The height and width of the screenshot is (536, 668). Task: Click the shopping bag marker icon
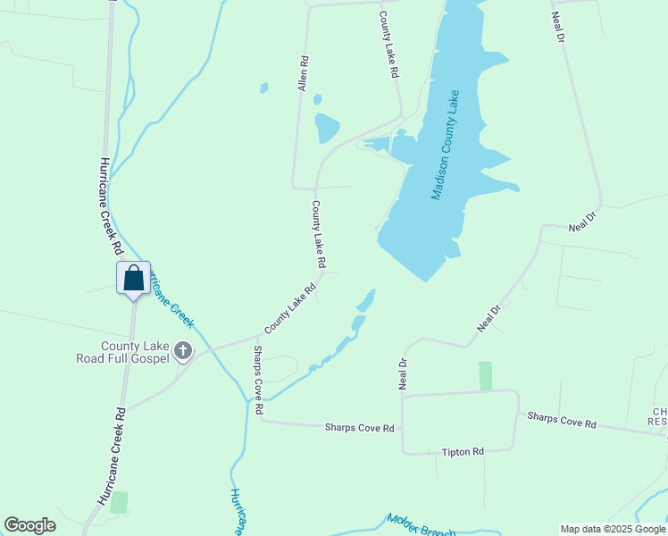[x=133, y=278]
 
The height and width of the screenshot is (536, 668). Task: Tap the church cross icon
[x=183, y=350]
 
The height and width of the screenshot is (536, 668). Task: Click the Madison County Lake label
[x=444, y=145]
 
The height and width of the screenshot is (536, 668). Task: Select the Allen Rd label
[x=304, y=73]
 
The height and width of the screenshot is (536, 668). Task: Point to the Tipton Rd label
[x=462, y=452]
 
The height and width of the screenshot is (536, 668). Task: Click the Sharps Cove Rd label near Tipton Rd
[x=359, y=429]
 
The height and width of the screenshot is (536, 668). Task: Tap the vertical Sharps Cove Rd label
[x=258, y=380]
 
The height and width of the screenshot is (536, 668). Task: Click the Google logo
[x=29, y=525]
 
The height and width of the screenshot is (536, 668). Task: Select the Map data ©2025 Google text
[x=613, y=529]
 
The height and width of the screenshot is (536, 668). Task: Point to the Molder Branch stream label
[x=422, y=526]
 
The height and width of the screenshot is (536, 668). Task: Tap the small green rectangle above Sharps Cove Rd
[x=485, y=375]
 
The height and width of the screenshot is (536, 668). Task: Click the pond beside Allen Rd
[x=327, y=128]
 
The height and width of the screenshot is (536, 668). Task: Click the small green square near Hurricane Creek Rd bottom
[x=119, y=502]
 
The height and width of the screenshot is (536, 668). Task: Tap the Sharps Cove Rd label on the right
[x=561, y=420]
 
